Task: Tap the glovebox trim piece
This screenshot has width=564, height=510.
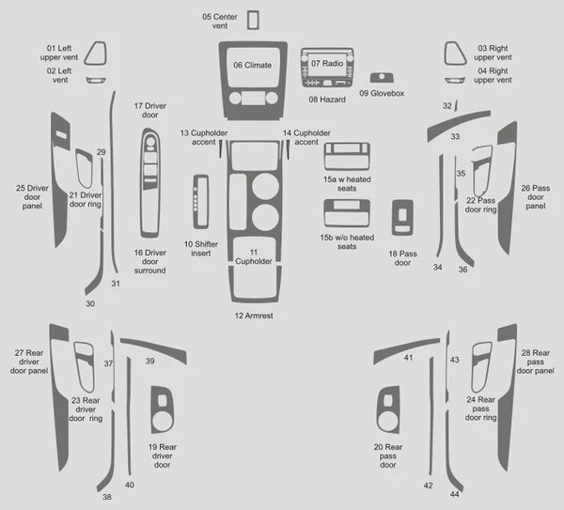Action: pos(382,78)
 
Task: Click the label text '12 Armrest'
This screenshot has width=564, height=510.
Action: pos(254,316)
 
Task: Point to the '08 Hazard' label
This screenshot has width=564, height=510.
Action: pos(327,100)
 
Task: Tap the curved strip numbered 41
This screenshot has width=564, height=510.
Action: pos(406,347)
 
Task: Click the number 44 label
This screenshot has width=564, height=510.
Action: pos(455,494)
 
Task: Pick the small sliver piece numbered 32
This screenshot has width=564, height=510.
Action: pos(456,105)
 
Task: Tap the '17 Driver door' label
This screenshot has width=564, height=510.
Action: pos(150,110)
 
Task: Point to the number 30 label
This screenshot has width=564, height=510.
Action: pos(90,303)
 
